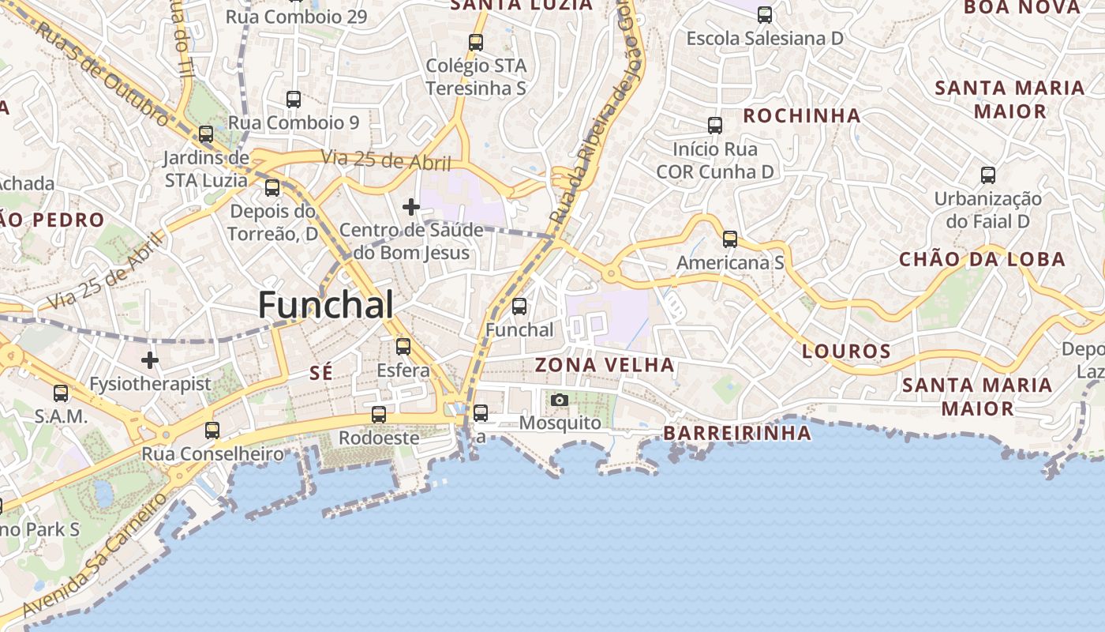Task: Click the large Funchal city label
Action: tap(325, 305)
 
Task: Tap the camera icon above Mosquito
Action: tap(560, 400)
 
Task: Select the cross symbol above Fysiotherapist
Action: tap(149, 361)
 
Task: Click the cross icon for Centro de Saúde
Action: tap(410, 207)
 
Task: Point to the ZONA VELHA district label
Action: tap(605, 365)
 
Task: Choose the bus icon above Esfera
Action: tap(403, 346)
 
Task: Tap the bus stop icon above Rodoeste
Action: tap(379, 414)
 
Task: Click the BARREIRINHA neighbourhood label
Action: tap(737, 433)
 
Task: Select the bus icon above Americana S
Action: tap(730, 239)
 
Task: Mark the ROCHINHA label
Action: tap(801, 116)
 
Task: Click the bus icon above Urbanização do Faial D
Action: tap(987, 175)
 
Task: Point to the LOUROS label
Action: tap(846, 352)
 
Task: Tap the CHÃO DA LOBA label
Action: tap(982, 259)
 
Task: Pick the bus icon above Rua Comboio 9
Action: tap(294, 99)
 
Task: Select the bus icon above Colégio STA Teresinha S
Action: tap(475, 42)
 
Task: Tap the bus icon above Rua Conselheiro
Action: tap(212, 430)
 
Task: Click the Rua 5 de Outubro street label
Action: tap(103, 74)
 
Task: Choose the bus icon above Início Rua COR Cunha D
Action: tap(714, 125)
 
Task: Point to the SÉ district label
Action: tap(321, 373)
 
